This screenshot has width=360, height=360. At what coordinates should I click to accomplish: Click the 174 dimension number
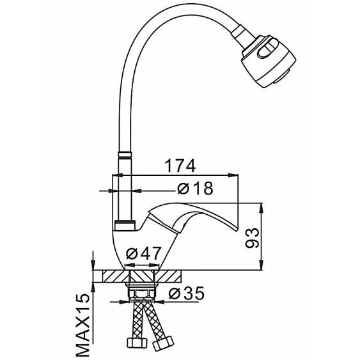180,166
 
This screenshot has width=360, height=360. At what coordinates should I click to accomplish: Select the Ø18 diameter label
196,188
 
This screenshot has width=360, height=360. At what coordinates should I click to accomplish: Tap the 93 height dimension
252,238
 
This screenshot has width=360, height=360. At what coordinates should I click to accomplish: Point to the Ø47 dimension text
144,254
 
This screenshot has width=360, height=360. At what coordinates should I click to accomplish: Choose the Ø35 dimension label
187,293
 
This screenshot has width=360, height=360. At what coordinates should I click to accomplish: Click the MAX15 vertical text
82,325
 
